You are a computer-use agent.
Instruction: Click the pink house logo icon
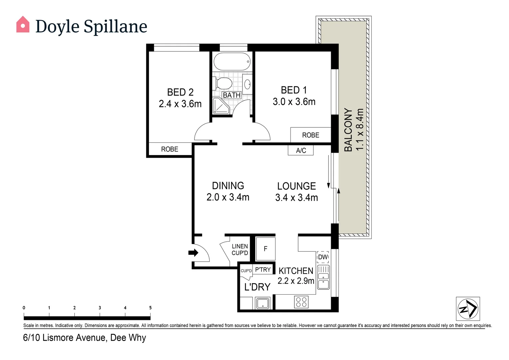23,24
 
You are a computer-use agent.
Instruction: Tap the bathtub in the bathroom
232,62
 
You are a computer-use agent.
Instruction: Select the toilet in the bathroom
223,83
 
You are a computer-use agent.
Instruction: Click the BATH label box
232,95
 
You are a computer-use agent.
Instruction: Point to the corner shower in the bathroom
221,106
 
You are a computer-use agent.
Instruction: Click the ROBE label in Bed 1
310,135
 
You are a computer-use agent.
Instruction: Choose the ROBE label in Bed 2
170,149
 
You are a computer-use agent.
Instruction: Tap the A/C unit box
300,150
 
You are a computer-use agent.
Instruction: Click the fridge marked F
265,249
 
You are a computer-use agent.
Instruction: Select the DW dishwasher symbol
323,257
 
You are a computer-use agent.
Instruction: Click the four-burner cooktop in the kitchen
301,302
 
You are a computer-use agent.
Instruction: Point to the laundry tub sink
262,303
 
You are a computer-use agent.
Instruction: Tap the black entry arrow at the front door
193,253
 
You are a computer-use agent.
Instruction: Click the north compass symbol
468,309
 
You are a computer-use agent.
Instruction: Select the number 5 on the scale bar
150,308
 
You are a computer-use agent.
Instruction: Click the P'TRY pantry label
263,269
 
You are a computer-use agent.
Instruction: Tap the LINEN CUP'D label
240,249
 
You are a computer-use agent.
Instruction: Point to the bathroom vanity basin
247,84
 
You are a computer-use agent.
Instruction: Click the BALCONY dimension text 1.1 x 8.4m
360,129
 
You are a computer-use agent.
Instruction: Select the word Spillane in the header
116,26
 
